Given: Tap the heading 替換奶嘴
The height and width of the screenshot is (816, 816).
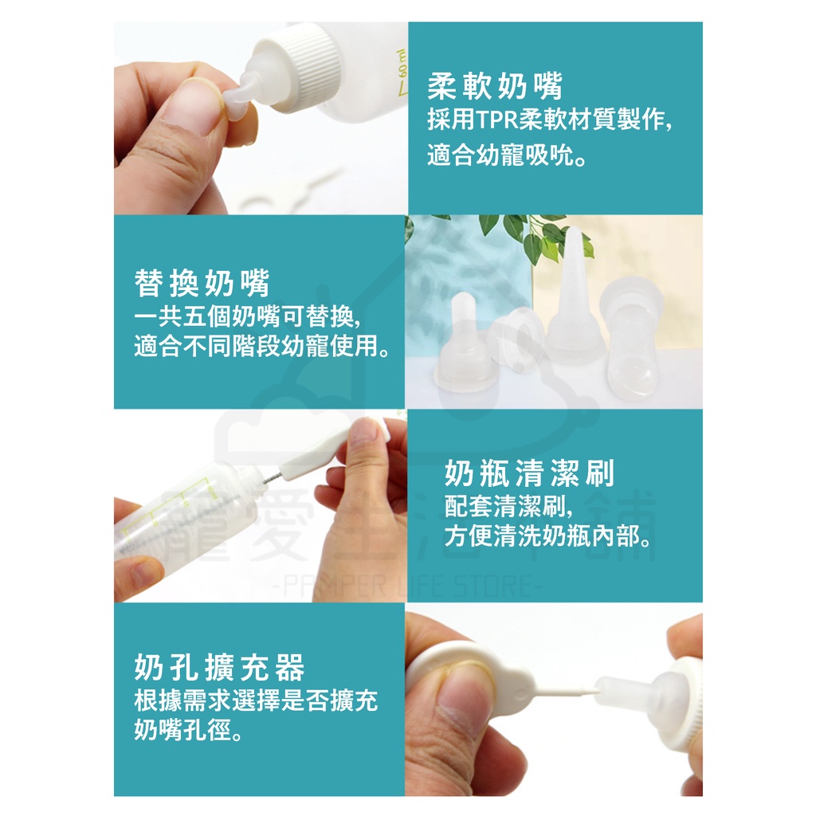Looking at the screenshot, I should [202, 284].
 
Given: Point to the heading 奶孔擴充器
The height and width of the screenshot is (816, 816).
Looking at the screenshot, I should [219, 668].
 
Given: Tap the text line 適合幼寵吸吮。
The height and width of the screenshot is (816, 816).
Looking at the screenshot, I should [508, 155].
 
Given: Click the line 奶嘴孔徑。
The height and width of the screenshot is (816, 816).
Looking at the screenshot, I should [189, 730].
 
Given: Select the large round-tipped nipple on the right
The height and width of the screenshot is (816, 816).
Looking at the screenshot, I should [634, 343].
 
